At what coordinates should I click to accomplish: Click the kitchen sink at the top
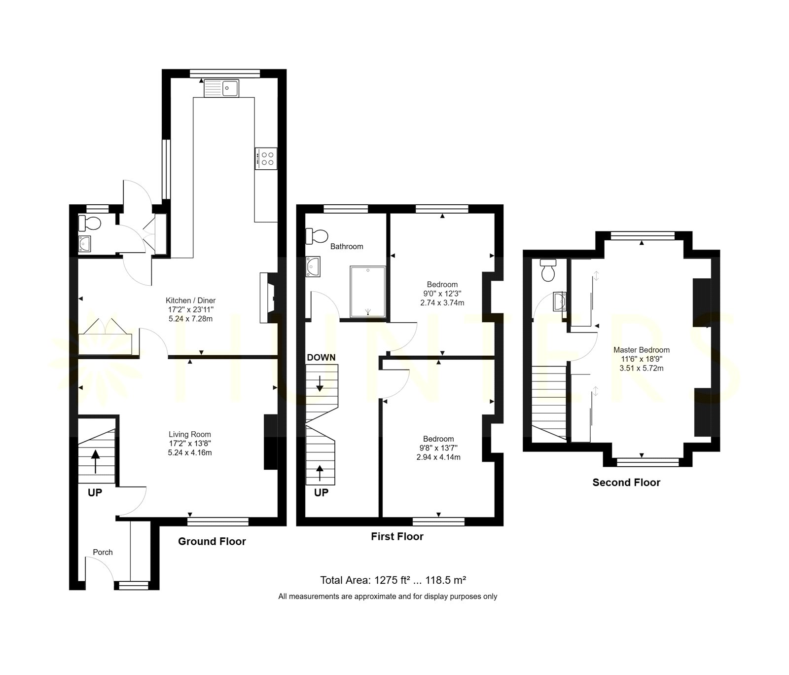click(221, 88)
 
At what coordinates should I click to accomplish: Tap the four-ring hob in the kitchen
click(266, 158)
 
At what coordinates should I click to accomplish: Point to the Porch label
click(103, 552)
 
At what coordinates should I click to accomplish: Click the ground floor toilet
click(89, 224)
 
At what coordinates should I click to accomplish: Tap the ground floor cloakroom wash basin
click(85, 244)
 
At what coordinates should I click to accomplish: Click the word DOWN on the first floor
click(321, 357)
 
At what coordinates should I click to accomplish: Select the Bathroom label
click(347, 246)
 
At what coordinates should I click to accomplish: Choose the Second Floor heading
click(626, 483)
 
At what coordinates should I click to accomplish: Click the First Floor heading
click(397, 536)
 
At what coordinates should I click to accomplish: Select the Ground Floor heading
click(212, 541)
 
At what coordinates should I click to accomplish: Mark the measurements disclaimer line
click(388, 597)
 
